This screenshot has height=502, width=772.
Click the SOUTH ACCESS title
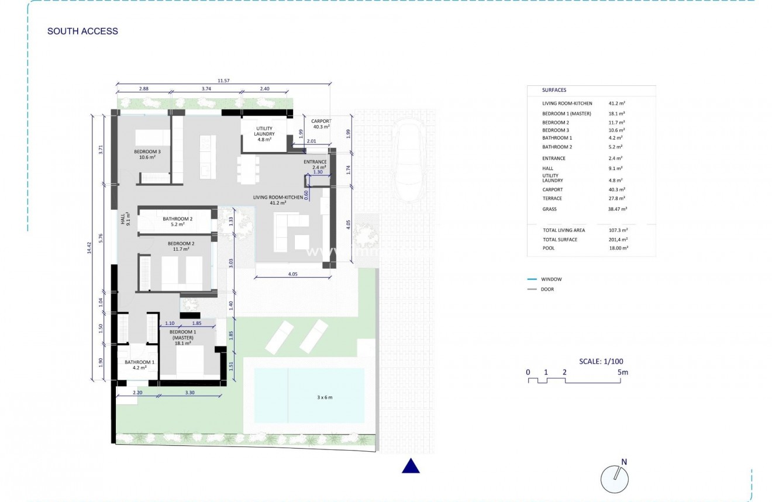82,32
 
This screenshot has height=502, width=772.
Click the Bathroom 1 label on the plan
139,365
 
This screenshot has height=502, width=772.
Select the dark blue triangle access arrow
411,466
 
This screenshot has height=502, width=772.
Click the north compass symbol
615,479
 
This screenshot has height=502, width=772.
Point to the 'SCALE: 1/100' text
601,361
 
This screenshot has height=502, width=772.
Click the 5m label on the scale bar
622,372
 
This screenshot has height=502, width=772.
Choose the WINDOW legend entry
551,279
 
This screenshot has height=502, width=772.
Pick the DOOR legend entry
547,289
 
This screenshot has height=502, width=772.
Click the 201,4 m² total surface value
618,240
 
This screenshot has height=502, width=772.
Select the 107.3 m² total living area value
618,230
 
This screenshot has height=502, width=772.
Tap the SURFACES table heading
554,91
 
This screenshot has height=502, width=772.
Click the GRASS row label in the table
550,209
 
